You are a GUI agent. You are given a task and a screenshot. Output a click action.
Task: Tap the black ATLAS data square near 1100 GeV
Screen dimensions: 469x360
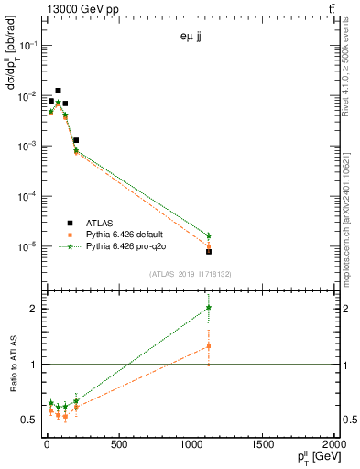[x=209, y=251]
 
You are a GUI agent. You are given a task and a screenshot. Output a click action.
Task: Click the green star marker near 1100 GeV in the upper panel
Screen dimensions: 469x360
[x=209, y=235]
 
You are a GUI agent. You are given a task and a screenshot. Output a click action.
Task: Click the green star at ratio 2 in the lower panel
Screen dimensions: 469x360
[x=209, y=308]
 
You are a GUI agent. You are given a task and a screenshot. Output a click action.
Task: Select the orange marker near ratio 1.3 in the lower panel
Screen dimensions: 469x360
[x=209, y=346]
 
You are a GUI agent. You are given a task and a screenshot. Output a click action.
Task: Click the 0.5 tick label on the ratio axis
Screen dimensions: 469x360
[x=28, y=420]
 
